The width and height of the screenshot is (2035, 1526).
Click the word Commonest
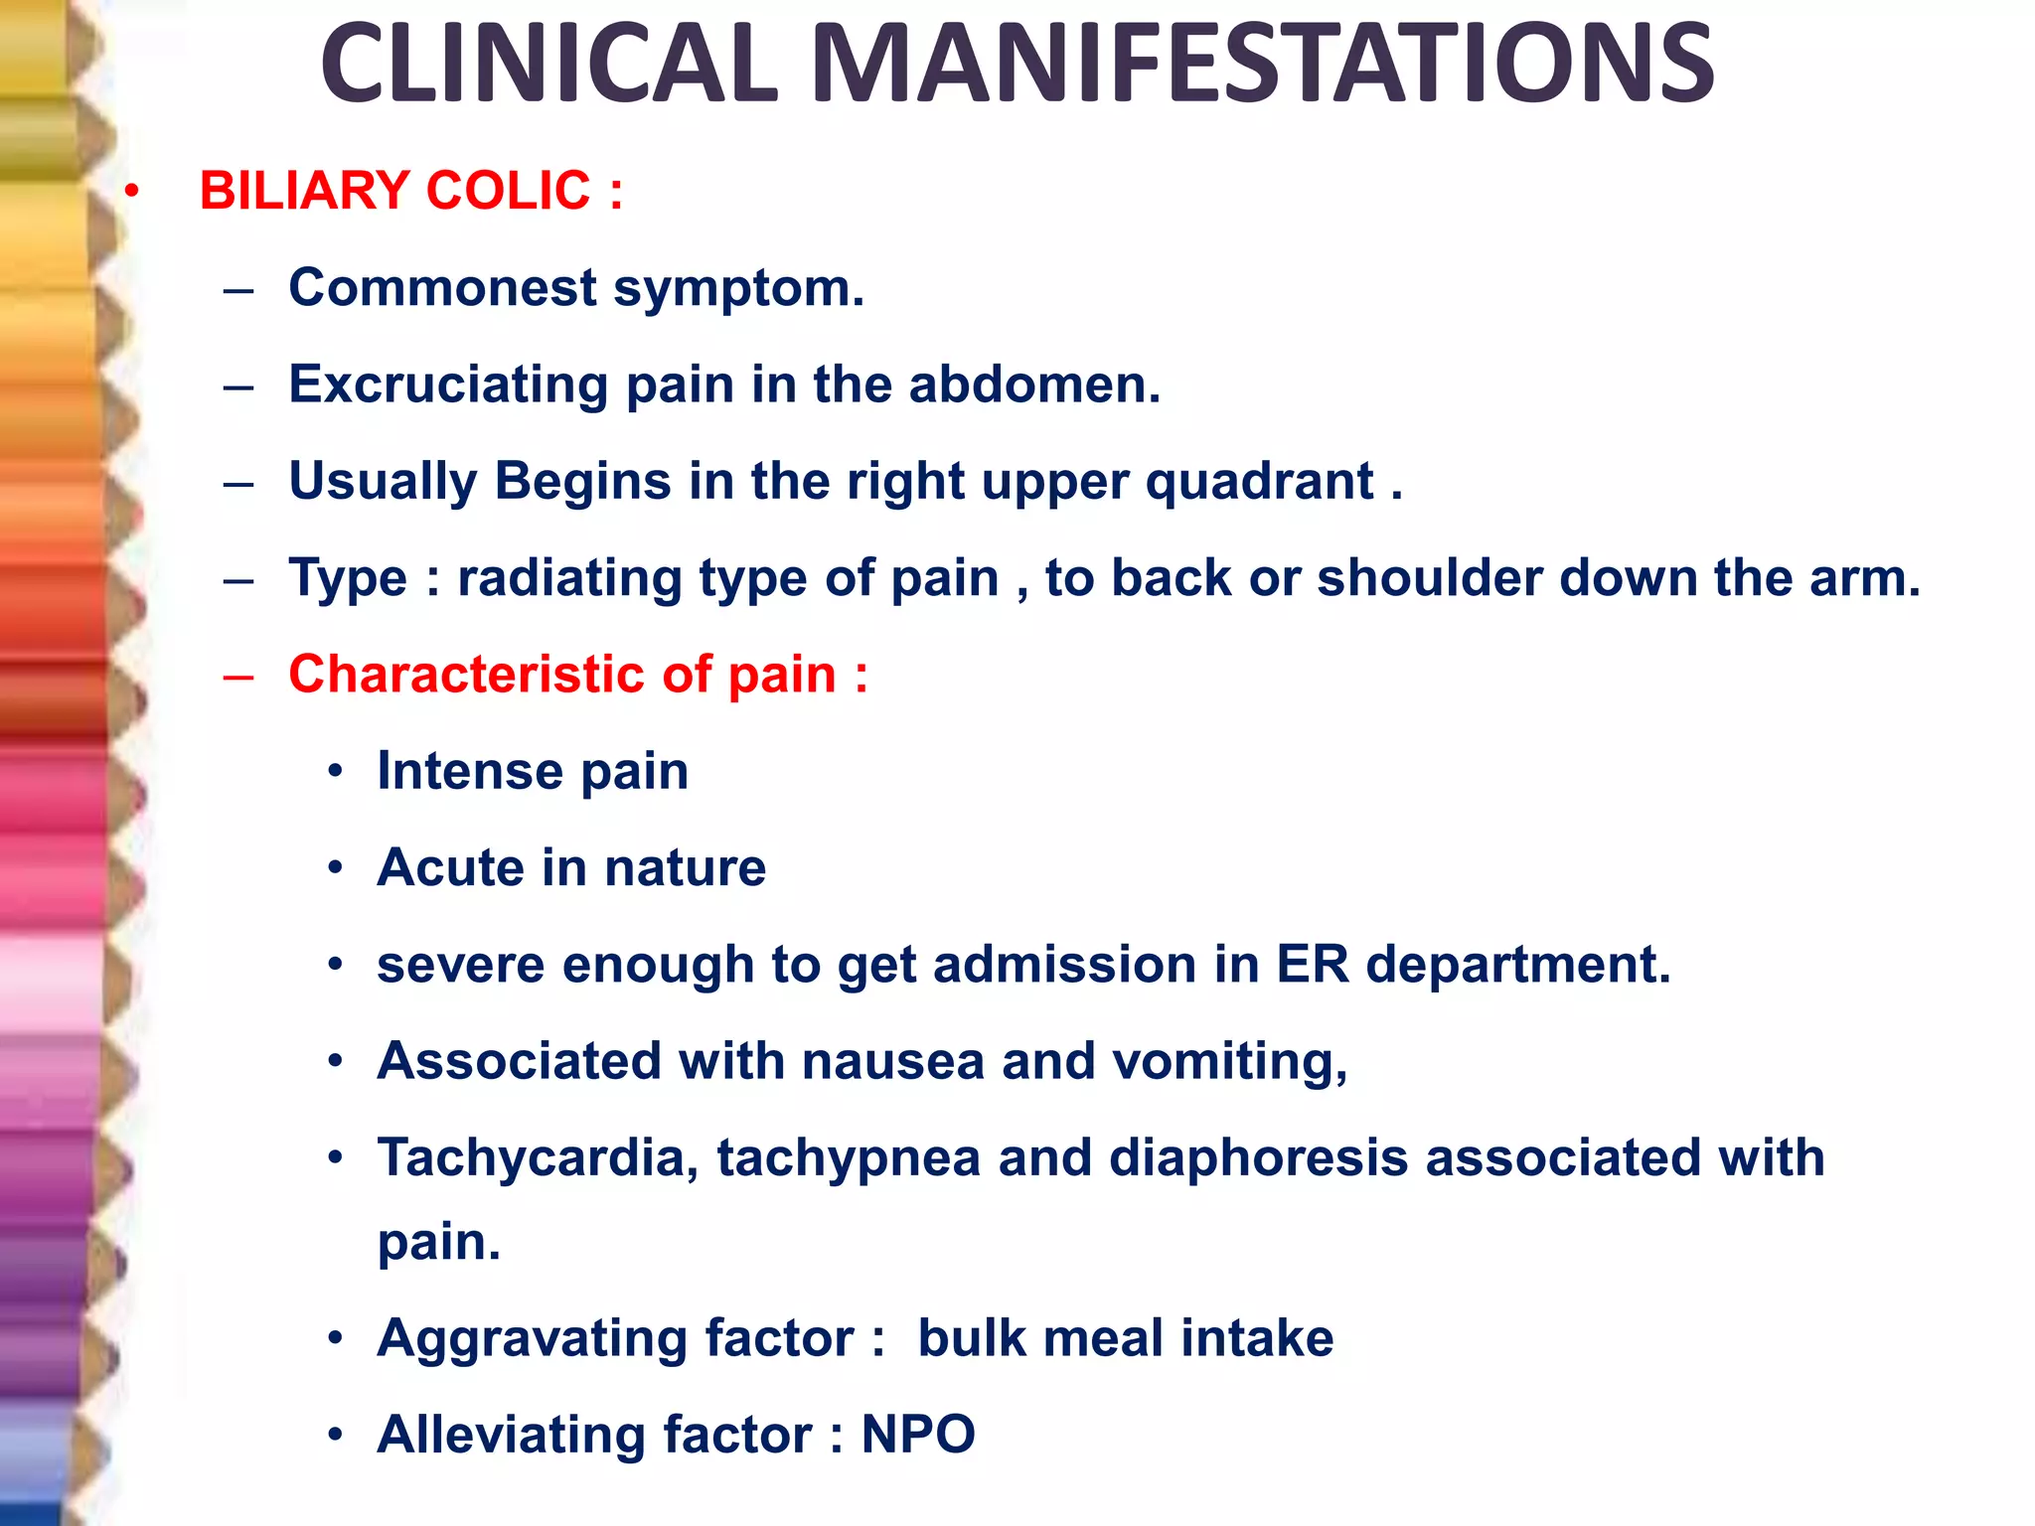click(x=442, y=288)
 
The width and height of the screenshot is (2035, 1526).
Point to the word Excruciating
click(x=448, y=384)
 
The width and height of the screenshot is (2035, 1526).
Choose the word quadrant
click(x=1260, y=482)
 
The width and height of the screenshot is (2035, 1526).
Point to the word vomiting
click(x=1229, y=1061)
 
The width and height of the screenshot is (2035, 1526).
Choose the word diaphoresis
click(x=1258, y=1158)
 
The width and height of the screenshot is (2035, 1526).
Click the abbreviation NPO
click(x=918, y=1435)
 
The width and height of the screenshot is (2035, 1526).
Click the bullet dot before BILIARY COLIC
click(x=132, y=190)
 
